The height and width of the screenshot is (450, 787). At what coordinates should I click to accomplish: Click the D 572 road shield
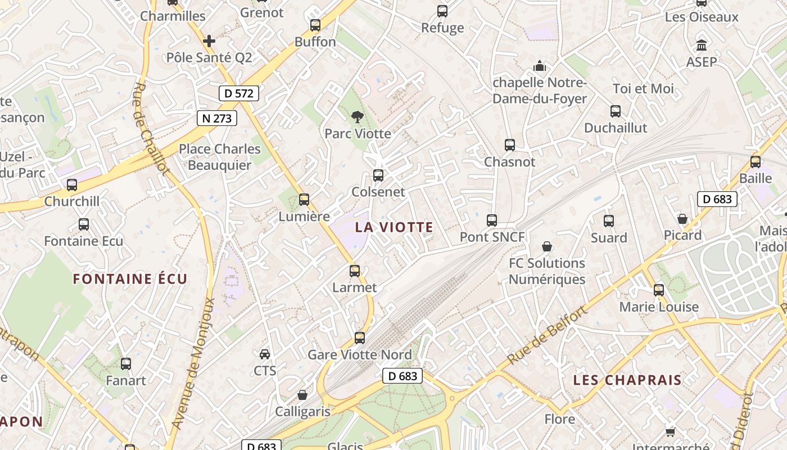click(x=238, y=93)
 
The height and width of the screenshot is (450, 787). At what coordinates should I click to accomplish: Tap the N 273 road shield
click(x=216, y=118)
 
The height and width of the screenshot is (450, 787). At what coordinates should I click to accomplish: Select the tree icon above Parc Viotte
click(x=357, y=117)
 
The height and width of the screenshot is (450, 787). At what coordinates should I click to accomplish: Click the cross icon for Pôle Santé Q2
click(x=209, y=41)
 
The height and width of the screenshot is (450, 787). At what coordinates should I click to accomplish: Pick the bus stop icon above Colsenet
click(x=378, y=175)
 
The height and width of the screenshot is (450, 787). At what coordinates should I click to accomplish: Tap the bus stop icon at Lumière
click(x=304, y=200)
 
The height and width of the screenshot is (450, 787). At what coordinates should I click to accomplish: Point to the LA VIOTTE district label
click(x=394, y=227)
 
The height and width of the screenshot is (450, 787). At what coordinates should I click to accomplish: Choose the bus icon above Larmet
click(x=355, y=271)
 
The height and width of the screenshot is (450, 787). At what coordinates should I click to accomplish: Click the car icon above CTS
click(x=265, y=354)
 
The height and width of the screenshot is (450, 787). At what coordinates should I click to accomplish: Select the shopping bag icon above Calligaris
click(x=302, y=395)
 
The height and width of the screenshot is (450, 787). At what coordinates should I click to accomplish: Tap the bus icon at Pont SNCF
click(x=492, y=220)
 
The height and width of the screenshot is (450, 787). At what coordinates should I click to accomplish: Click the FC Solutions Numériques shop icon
click(x=546, y=246)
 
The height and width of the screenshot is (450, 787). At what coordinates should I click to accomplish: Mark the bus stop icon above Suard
click(x=609, y=221)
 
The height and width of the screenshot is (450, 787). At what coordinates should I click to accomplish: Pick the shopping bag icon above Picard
click(x=682, y=219)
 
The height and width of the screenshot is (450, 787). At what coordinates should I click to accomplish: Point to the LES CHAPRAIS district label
click(x=627, y=380)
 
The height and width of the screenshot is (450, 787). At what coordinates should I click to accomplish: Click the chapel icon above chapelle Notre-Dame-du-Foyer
click(x=540, y=66)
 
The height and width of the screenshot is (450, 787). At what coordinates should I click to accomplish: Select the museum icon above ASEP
click(x=702, y=45)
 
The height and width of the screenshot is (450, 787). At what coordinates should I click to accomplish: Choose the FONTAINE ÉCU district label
click(x=130, y=279)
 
